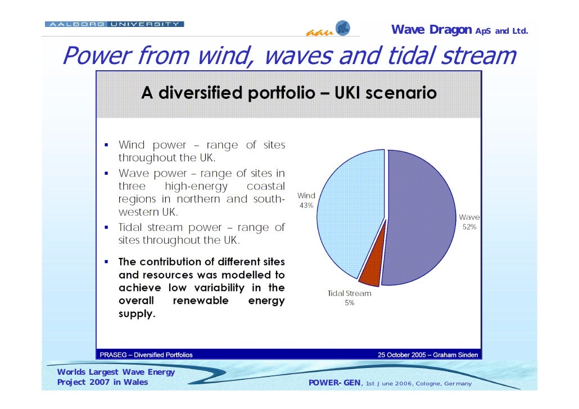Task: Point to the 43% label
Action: point(306,206)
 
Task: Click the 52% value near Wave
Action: point(469,227)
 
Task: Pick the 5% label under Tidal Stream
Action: point(349,303)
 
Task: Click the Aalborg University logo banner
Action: point(114,24)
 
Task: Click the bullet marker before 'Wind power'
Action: point(106,145)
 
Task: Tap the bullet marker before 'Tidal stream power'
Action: point(106,228)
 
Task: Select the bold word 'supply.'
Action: point(137,313)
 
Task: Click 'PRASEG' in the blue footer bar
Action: point(115,355)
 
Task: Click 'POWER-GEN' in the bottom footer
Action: point(335,383)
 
